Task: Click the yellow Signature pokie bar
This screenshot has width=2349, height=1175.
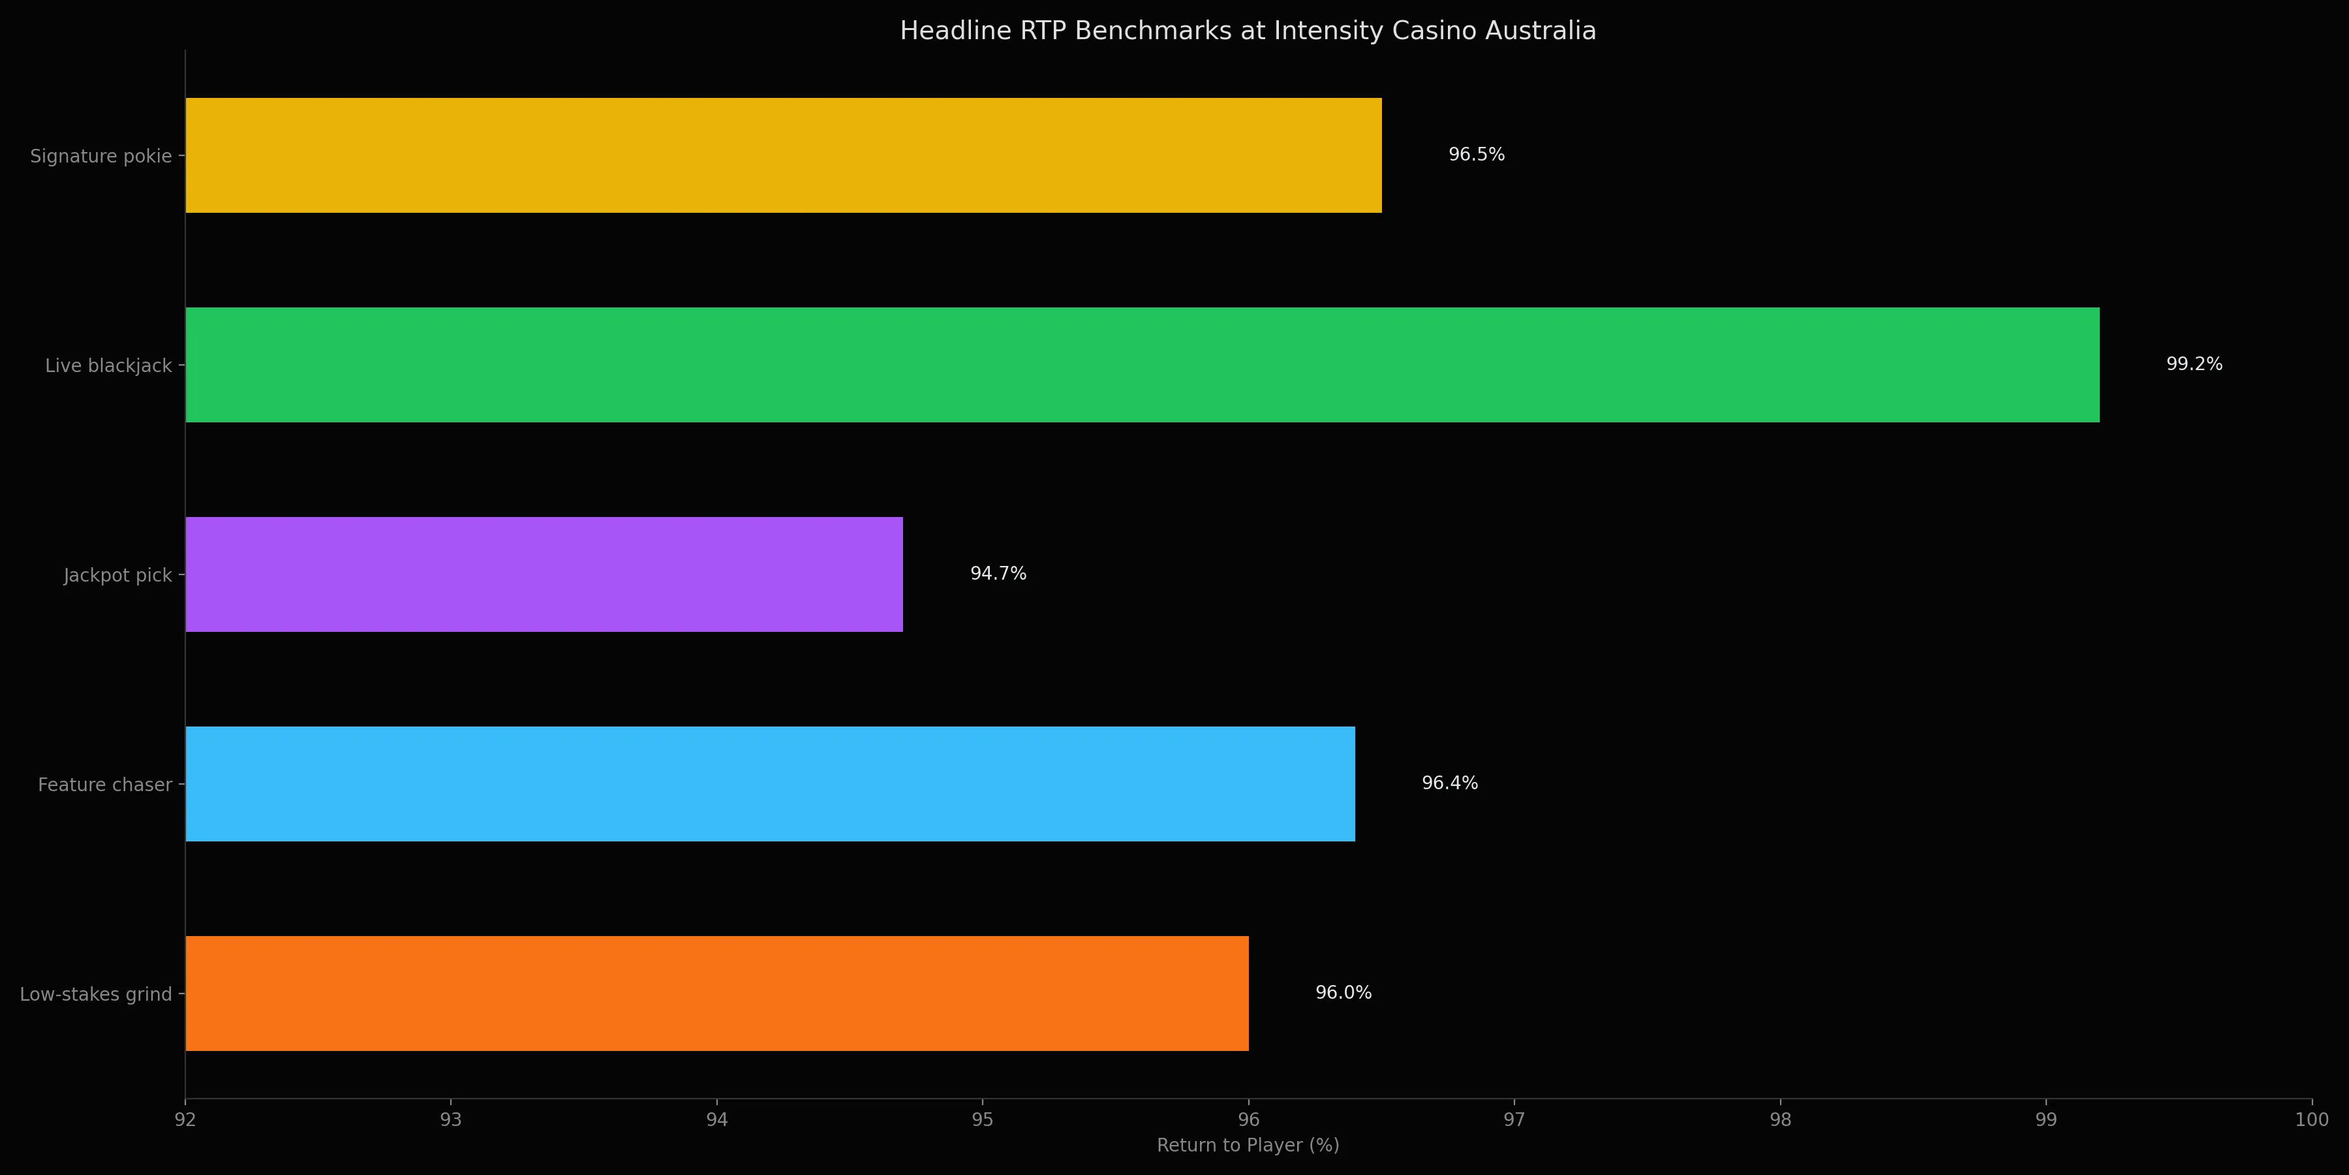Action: [x=782, y=155]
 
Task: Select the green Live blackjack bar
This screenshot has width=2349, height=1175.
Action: [x=1142, y=365]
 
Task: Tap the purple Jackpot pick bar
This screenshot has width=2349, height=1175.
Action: [x=544, y=574]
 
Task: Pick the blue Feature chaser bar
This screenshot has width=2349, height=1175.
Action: [x=770, y=783]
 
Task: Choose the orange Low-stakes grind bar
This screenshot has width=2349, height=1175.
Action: [x=716, y=994]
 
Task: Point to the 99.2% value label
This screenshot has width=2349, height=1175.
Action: [x=2194, y=365]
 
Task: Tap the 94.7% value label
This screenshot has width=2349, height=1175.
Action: [x=998, y=574]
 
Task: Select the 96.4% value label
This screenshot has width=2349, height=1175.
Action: [x=1449, y=783]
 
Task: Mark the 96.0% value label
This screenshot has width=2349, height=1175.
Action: [x=1343, y=992]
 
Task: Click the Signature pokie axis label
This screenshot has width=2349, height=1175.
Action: [x=100, y=156]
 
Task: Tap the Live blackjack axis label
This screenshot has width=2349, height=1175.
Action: [x=108, y=366]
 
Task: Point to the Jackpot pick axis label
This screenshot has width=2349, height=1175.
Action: [x=117, y=576]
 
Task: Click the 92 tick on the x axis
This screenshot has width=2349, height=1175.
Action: [x=185, y=1120]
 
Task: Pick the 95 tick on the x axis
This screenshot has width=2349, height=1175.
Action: [x=982, y=1120]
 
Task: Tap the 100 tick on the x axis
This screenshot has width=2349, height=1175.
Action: [x=2311, y=1120]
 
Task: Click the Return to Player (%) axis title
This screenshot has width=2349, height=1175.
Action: [x=1248, y=1146]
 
